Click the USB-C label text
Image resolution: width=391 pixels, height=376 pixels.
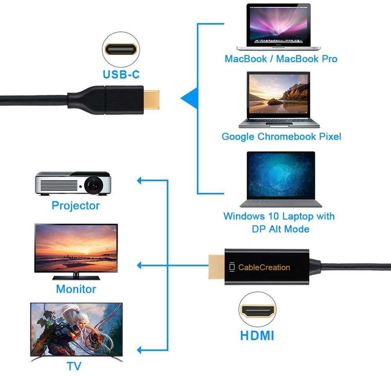(x=121, y=74)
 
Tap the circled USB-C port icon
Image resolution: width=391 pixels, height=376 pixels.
(x=121, y=49)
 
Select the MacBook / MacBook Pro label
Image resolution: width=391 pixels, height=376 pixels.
(x=281, y=59)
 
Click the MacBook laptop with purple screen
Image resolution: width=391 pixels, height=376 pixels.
(x=278, y=26)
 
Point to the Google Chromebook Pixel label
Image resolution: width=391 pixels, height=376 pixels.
(x=281, y=136)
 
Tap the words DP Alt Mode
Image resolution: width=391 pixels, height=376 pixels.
(x=281, y=229)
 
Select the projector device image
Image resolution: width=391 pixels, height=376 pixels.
(x=72, y=183)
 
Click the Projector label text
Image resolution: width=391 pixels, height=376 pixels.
(x=75, y=205)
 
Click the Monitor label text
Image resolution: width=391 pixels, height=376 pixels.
(x=76, y=289)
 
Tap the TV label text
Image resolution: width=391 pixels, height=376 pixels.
(x=74, y=365)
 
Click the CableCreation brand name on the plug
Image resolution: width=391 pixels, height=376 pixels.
(x=264, y=267)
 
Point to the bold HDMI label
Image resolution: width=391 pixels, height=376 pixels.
(x=257, y=336)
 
